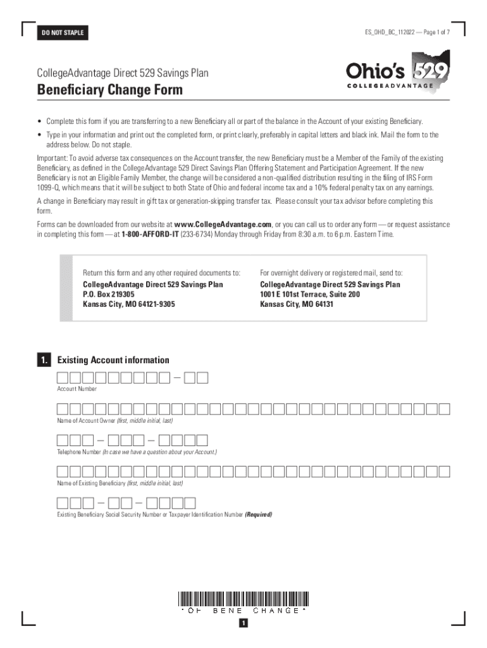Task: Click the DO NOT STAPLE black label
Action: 63,33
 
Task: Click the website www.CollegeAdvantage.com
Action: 223,225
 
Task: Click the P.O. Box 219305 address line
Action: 109,294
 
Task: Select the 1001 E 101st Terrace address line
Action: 310,294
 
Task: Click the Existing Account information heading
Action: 113,360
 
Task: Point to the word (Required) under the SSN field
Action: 259,514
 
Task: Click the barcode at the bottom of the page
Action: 244,598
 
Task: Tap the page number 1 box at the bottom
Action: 244,624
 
